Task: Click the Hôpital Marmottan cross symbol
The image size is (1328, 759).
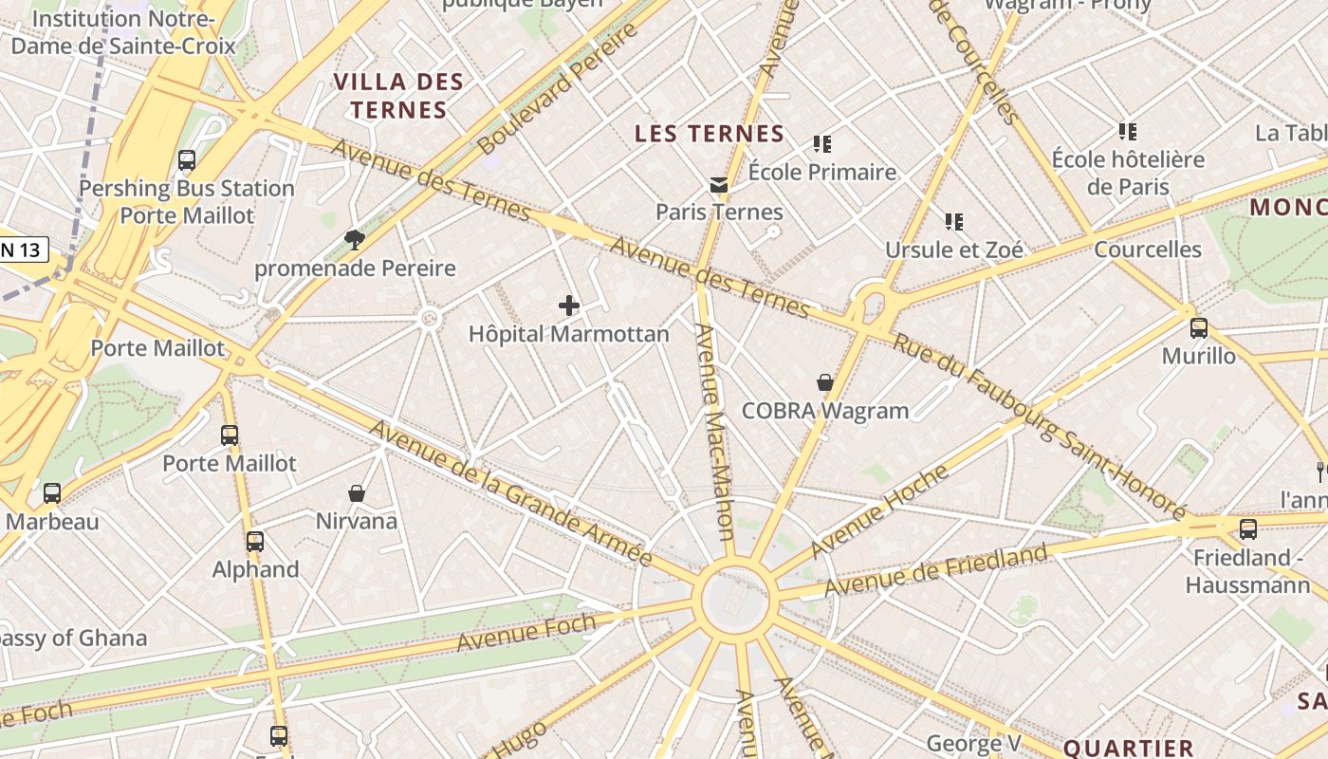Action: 569,305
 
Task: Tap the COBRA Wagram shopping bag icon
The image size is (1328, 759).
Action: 825,382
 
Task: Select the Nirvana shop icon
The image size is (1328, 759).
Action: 357,492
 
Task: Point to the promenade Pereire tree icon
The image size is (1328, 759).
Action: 355,239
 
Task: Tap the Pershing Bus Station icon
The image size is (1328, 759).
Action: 187,160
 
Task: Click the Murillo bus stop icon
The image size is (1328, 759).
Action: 1199,328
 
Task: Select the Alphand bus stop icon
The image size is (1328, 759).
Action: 255,542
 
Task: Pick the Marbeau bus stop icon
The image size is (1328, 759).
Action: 52,493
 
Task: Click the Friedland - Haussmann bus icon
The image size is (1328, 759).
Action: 1248,529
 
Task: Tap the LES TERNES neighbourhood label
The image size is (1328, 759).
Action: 710,134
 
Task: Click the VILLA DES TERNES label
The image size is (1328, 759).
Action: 398,96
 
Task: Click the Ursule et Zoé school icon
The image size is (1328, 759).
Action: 954,222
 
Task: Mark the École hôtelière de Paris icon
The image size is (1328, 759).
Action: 1128,132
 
